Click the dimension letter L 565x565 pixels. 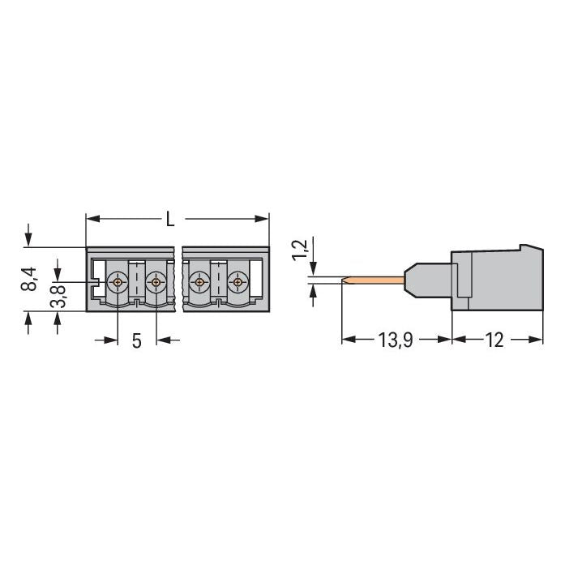point(170,219)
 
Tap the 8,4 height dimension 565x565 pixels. point(29,279)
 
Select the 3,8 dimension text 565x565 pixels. point(58,296)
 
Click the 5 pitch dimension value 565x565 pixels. point(136,341)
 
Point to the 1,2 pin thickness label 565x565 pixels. point(300,250)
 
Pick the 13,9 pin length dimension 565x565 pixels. point(396,340)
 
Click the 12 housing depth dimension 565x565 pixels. point(494,340)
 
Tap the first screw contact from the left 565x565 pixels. point(118,282)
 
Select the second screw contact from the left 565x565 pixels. point(156,282)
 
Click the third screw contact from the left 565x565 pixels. point(199,282)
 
